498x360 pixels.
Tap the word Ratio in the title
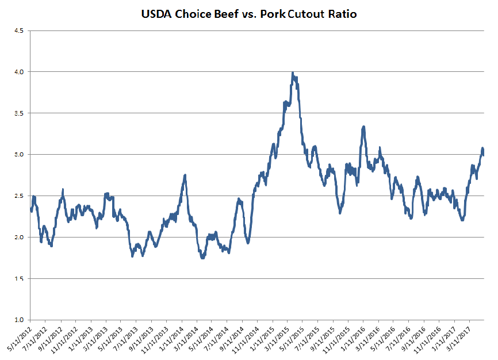tap(342, 14)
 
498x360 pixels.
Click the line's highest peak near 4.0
tap(293, 73)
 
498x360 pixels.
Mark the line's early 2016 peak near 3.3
tap(363, 127)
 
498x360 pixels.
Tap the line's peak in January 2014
tap(185, 175)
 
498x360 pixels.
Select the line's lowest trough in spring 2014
tap(202, 258)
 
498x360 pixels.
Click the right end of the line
tap(484, 155)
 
